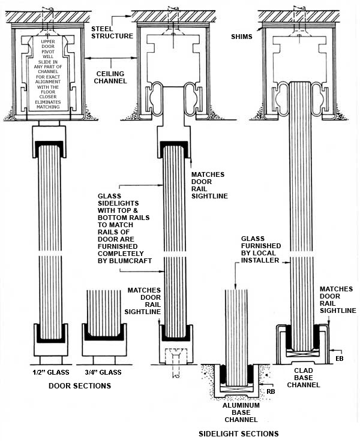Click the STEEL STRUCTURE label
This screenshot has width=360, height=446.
click(111, 32)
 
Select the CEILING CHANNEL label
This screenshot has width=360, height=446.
click(112, 76)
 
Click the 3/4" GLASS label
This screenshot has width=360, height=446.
click(104, 372)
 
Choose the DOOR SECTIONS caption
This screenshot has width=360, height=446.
click(79, 386)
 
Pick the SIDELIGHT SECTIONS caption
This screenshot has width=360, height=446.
click(239, 433)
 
